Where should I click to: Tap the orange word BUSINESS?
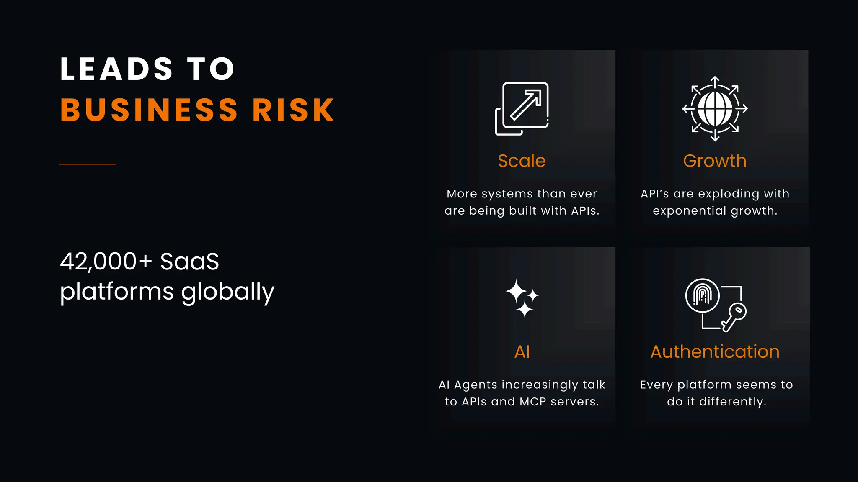coord(149,110)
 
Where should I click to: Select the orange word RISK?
coord(293,110)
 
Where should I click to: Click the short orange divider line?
coord(88,164)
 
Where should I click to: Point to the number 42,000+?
coord(106,262)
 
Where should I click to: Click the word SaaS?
coord(189,262)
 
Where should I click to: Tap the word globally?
coord(228,292)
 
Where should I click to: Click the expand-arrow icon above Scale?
coord(522,108)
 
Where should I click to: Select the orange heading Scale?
coord(522,161)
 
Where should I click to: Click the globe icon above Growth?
coord(715,109)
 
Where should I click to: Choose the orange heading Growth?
coord(715,161)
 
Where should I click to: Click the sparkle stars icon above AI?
coord(522,298)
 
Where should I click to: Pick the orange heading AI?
coord(522,352)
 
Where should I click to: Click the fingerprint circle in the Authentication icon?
coord(703,295)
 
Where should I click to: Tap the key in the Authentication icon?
coord(734,317)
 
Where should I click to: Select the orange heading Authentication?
coord(715,352)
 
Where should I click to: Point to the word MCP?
coord(533,402)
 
